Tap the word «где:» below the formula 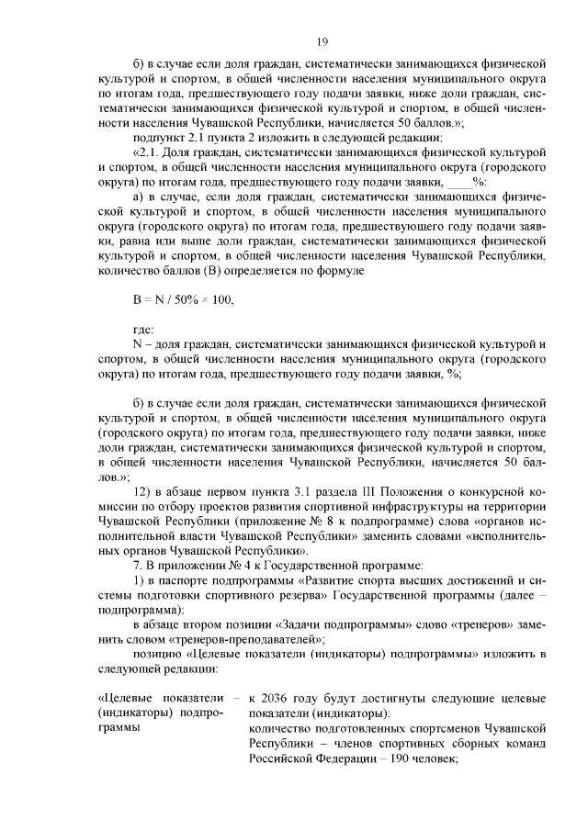[144, 329]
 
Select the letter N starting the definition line [137, 344]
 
